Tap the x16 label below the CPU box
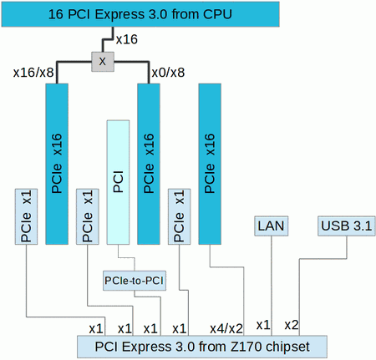125,40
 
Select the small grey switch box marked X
102,62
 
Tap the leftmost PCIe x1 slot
26,216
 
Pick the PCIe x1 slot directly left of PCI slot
87,216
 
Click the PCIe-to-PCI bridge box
134,280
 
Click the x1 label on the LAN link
263,324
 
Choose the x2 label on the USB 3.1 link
292,324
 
